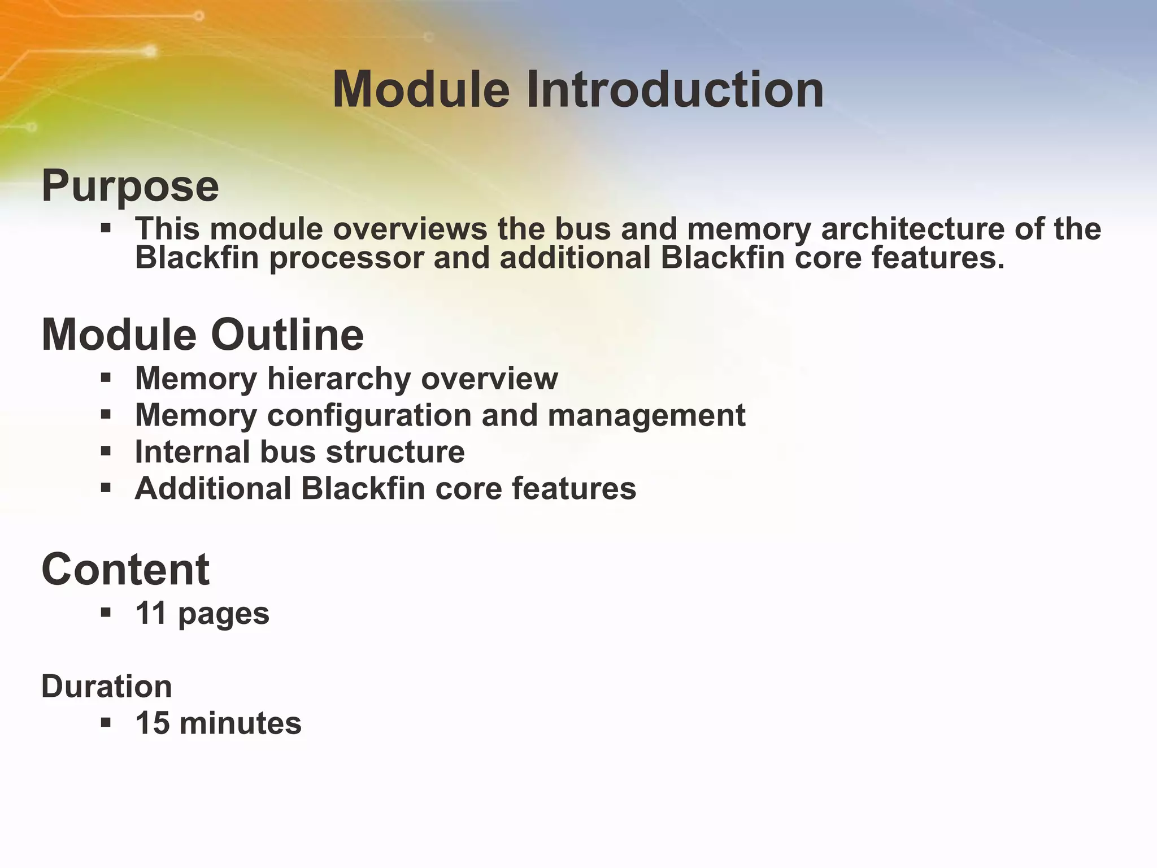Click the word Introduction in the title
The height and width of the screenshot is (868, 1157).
click(x=675, y=89)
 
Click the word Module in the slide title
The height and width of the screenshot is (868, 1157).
click(x=421, y=89)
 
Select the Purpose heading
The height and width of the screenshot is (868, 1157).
click(x=130, y=186)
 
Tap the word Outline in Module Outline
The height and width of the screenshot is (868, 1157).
click(x=288, y=335)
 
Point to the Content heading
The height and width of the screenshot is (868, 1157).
click(x=125, y=570)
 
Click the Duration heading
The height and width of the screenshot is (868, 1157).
click(x=106, y=687)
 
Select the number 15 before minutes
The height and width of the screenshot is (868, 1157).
click(x=153, y=723)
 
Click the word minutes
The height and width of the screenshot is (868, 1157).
click(x=240, y=723)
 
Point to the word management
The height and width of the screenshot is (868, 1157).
click(x=646, y=416)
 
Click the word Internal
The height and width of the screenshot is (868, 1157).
click(x=192, y=452)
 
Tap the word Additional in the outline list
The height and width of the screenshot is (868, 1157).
click(x=212, y=488)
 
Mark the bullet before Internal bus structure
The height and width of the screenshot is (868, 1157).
click(x=106, y=451)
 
